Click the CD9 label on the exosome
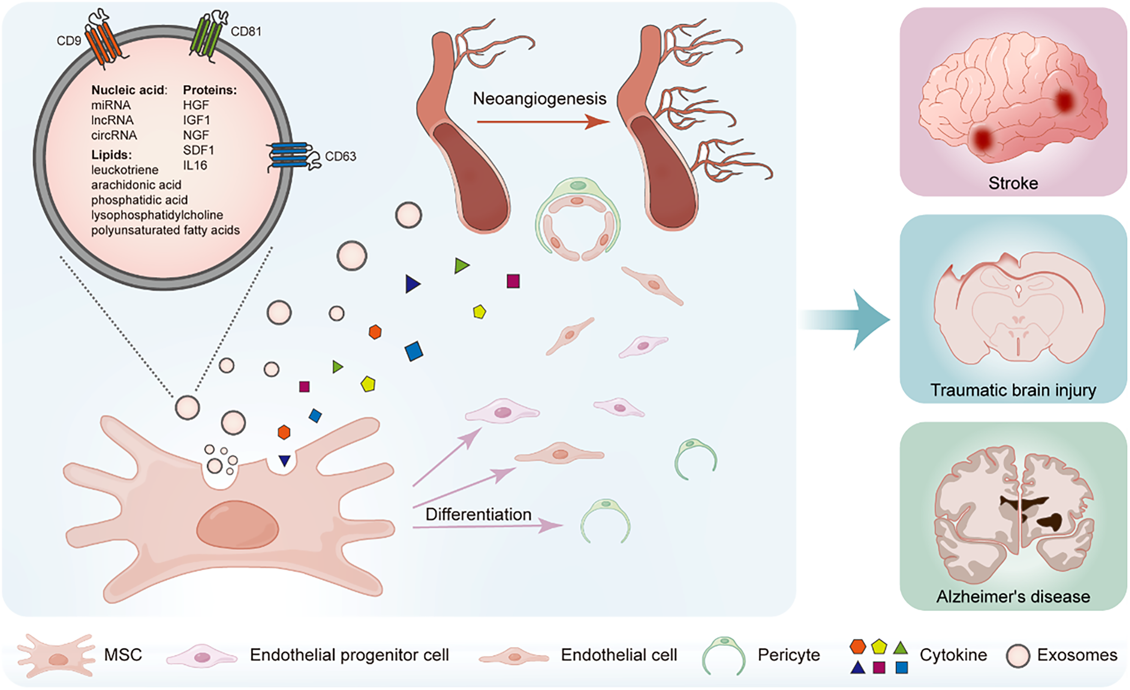tap(69, 41)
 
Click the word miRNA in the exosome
tap(111, 105)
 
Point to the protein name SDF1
tap(198, 150)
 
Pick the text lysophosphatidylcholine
tap(157, 215)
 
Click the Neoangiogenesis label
tap(539, 99)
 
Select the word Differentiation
tap(478, 515)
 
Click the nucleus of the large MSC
tap(238, 525)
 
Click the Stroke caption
tap(1013, 183)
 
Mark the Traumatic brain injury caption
tap(1013, 390)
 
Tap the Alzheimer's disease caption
tap(1013, 597)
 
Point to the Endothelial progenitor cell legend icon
tap(202, 656)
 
